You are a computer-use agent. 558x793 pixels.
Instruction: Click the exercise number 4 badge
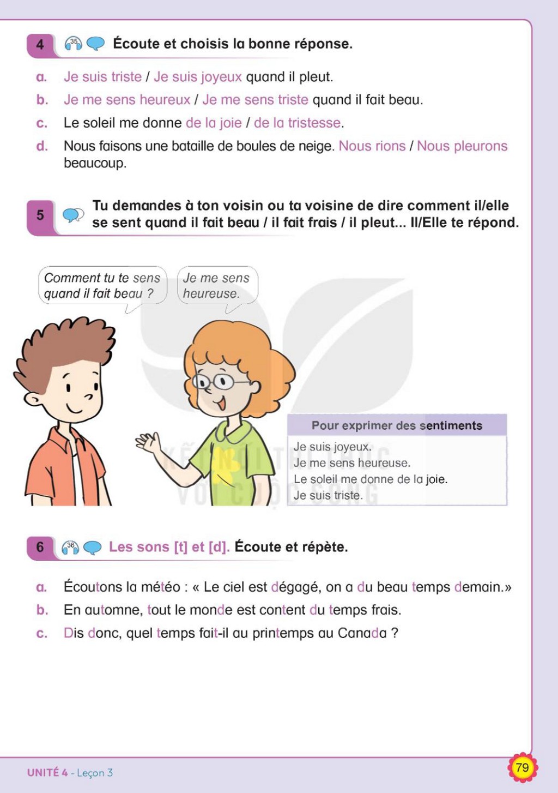point(40,45)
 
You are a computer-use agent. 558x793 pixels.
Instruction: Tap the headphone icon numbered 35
point(74,44)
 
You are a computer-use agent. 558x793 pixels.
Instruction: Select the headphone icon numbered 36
point(70,548)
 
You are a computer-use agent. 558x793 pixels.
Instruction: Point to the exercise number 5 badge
point(40,215)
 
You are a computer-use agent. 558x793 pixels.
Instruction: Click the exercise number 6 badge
point(40,548)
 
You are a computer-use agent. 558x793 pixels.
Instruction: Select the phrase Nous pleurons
point(462,146)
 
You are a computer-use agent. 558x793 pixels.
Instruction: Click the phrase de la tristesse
point(297,123)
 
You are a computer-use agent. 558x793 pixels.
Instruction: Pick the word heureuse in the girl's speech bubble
point(211,293)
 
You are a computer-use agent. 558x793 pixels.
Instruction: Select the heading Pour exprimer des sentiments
point(397,425)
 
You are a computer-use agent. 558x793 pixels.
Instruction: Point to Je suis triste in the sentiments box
point(328,495)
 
